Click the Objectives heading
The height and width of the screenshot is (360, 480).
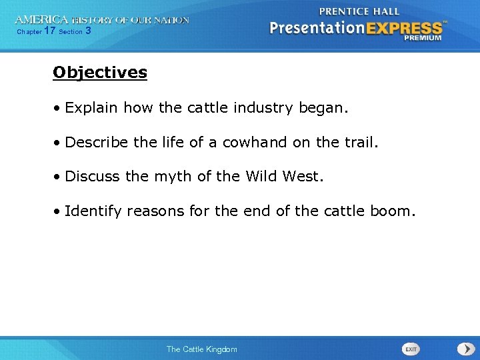pos(100,72)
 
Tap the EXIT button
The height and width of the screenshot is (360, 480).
pos(411,349)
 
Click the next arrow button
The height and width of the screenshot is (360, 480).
pos(465,349)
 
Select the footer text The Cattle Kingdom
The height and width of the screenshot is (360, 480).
pos(201,349)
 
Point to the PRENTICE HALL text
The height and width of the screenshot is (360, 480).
pos(359,11)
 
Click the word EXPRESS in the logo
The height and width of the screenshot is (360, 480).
pos(406,29)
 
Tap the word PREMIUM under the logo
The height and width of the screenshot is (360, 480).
pos(423,39)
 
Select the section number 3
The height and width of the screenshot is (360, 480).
pos(89,31)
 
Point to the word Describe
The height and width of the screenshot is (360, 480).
pos(95,141)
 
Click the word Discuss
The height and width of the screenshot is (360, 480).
pos(93,176)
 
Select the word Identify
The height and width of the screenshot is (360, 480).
pos(93,211)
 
